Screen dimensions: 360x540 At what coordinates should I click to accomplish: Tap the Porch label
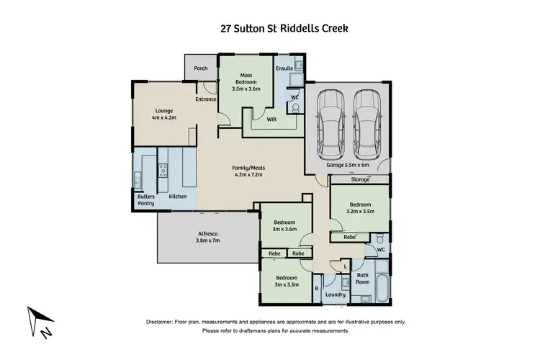point(201,69)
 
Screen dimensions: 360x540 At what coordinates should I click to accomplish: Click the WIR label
point(271,121)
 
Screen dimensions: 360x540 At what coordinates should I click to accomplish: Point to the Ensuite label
point(284,68)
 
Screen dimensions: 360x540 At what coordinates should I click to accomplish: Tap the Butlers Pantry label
point(146,199)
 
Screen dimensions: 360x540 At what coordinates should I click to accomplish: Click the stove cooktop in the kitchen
point(163,171)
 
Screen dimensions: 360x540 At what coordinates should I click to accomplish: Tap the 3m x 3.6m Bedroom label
point(284,227)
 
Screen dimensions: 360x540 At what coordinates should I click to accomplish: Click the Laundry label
point(336,294)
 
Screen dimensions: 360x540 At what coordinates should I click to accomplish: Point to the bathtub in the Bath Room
point(380,286)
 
